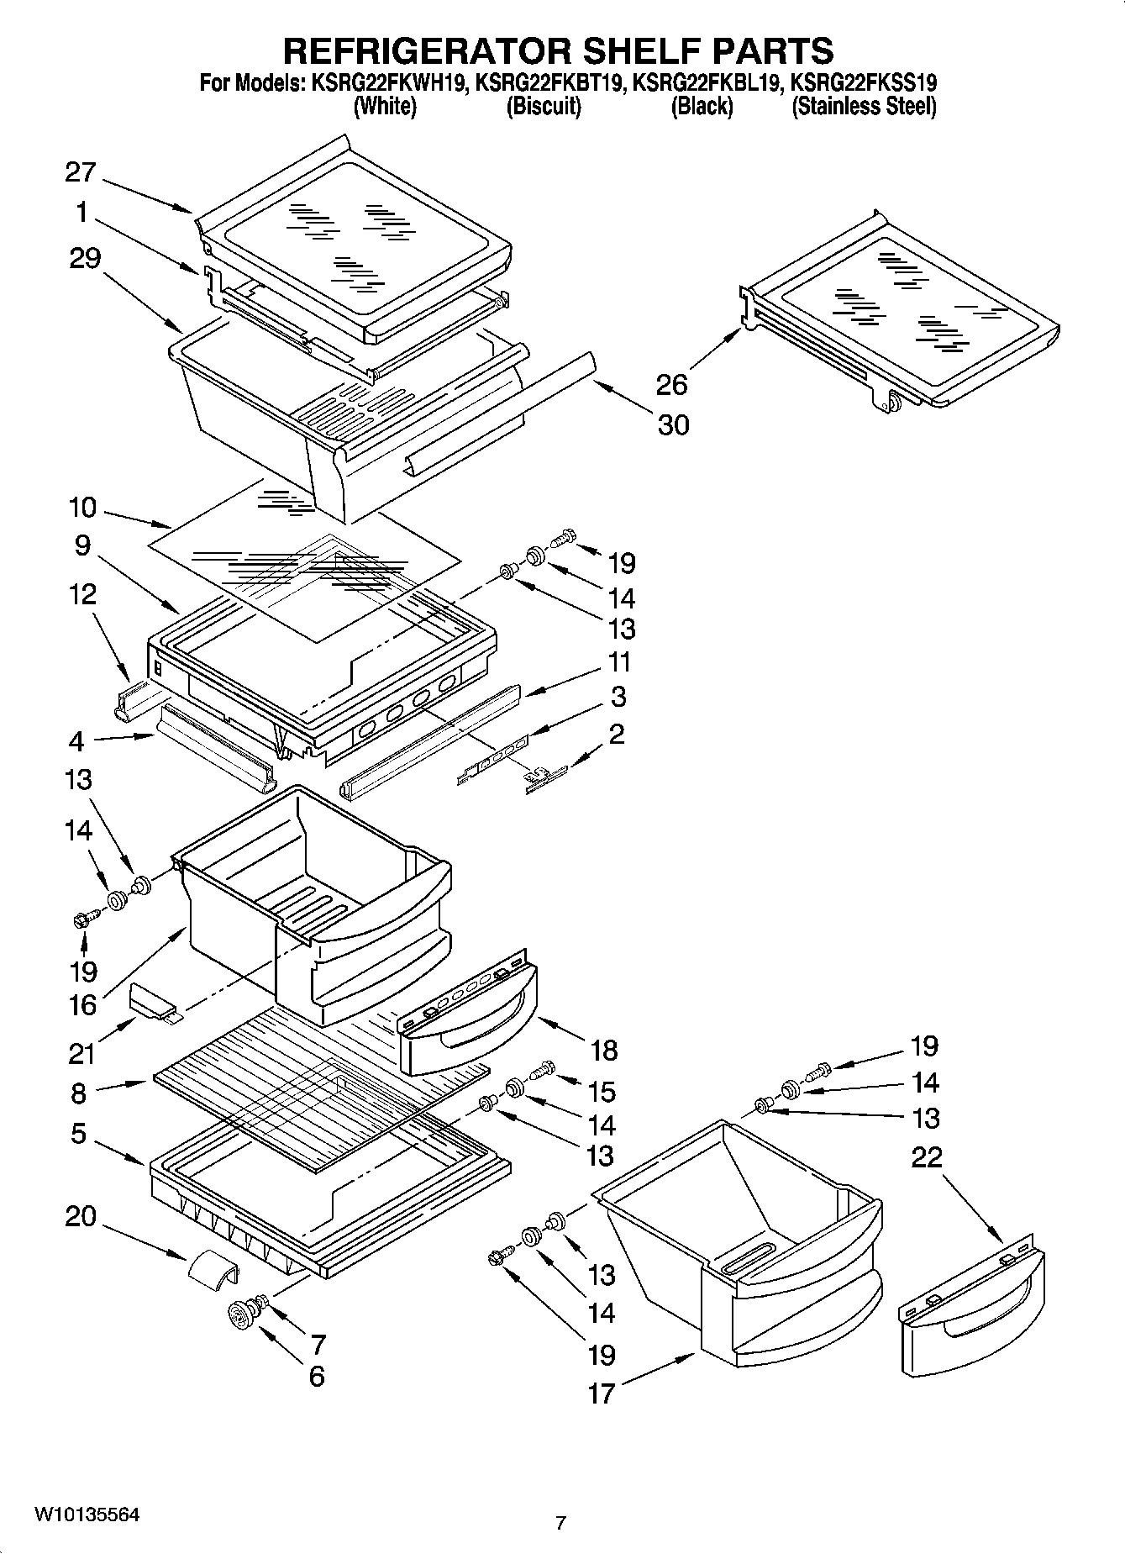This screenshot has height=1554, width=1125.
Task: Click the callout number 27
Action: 81,173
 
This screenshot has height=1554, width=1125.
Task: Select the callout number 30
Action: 673,425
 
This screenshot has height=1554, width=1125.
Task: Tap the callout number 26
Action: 672,385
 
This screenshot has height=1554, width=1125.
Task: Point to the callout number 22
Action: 927,1158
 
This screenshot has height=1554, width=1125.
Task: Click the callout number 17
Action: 602,1394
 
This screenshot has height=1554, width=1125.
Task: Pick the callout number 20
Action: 81,1217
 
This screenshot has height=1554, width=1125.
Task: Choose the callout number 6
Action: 317,1377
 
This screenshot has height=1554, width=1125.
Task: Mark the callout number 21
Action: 81,1052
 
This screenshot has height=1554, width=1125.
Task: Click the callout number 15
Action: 602,1092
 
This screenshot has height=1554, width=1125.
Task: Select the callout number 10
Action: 82,508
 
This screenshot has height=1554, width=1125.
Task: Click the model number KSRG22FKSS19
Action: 864,82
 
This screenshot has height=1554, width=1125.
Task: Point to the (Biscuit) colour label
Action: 544,107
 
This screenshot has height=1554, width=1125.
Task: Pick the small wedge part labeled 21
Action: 151,1003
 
